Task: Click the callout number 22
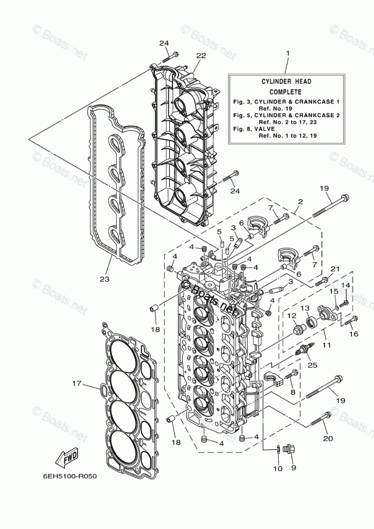click(201, 56)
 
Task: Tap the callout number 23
click(104, 279)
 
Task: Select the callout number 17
click(77, 383)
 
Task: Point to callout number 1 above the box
click(287, 54)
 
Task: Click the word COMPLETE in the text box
click(285, 92)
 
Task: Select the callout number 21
click(335, 269)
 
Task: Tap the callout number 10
click(278, 469)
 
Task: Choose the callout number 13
click(305, 308)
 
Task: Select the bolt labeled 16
click(351, 321)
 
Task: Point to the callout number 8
click(293, 392)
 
